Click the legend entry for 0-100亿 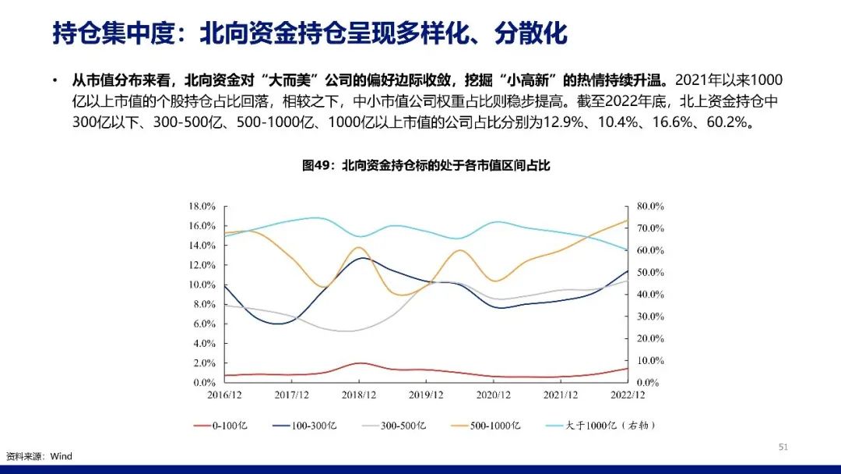click(x=220, y=426)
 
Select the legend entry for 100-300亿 click(x=304, y=426)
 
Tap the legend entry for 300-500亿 click(x=394, y=426)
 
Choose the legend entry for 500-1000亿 click(x=486, y=426)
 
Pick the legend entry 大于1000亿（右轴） click(x=600, y=426)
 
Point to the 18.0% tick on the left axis click(x=202, y=206)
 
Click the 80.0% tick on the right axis click(x=650, y=206)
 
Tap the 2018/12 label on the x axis click(x=359, y=395)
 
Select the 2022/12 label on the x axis click(x=628, y=395)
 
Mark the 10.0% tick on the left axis click(x=202, y=285)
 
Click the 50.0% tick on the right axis click(x=650, y=272)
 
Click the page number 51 click(x=783, y=447)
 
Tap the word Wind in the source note click(x=62, y=456)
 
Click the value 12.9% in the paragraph click(x=564, y=122)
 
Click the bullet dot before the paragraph click(x=55, y=80)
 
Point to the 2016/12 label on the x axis click(x=224, y=395)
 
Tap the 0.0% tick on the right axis click(x=647, y=383)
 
